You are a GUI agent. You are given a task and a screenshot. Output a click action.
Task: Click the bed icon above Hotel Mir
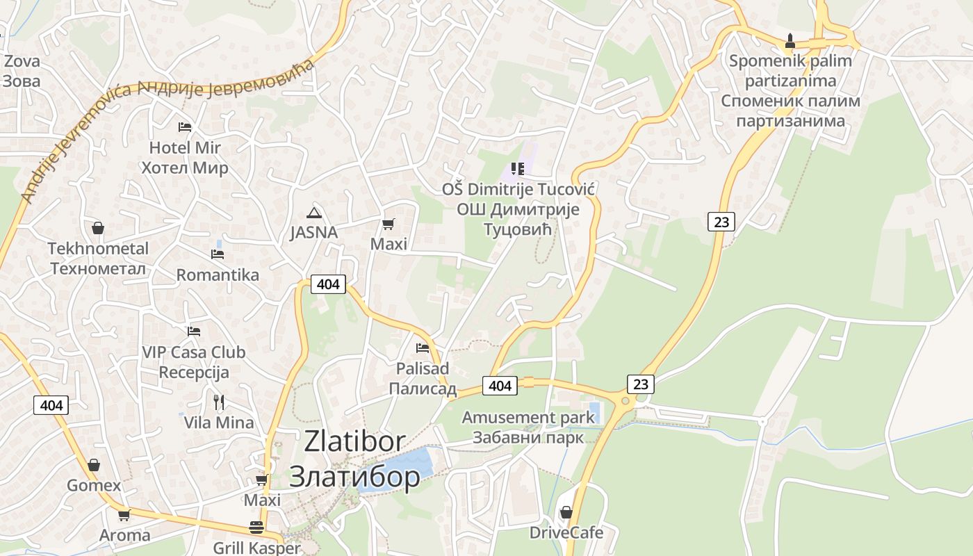click(x=184, y=126)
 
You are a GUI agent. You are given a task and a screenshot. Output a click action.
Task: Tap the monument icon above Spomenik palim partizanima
click(x=790, y=40)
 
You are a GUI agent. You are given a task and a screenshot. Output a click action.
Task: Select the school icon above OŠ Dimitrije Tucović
click(x=516, y=168)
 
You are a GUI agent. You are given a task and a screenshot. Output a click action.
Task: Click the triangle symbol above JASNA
click(x=314, y=213)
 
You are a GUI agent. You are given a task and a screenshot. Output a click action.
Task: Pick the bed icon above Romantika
click(x=218, y=254)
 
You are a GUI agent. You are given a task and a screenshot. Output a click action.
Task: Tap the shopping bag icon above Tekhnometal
click(x=98, y=228)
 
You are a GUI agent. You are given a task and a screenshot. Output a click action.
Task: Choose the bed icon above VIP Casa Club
click(x=194, y=332)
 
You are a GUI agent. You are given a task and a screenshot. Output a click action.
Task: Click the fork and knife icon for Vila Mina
click(x=219, y=402)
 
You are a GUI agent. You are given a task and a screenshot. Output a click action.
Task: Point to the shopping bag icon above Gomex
click(x=94, y=465)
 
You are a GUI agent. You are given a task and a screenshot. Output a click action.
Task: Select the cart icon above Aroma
click(x=124, y=515)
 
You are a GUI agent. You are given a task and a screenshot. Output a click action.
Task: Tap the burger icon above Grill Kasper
click(x=256, y=528)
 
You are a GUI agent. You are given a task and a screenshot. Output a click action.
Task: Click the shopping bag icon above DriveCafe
click(x=566, y=512)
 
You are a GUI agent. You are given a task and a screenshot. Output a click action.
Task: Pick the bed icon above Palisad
click(x=422, y=347)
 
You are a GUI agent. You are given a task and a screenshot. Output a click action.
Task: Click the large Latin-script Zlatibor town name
click(x=354, y=441)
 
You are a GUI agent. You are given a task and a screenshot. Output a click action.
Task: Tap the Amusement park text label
click(x=528, y=418)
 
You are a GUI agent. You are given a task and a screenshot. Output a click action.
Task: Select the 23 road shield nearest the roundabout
click(x=640, y=384)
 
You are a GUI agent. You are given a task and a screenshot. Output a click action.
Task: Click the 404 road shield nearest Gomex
click(x=51, y=405)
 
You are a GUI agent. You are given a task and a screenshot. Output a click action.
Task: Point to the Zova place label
click(x=22, y=61)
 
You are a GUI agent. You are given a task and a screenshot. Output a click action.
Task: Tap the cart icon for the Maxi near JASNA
click(x=389, y=224)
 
